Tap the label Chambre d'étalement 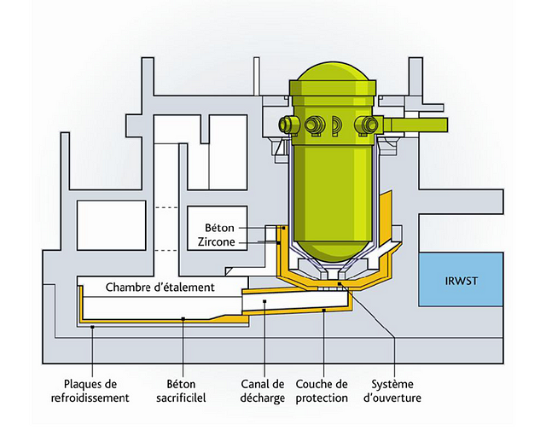click(160, 288)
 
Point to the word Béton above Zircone click(219, 229)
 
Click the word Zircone click(215, 242)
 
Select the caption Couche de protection click(322, 390)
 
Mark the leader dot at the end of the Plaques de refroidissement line click(93, 325)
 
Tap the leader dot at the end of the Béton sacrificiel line click(184, 317)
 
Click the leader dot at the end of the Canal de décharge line click(265, 301)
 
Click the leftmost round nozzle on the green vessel click(288, 125)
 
